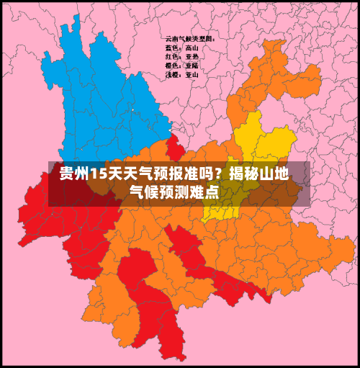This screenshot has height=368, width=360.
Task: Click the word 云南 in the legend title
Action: (171, 38)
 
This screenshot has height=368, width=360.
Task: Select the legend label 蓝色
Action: (172, 48)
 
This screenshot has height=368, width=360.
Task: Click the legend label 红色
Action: (172, 56)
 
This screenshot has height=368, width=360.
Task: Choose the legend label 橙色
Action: (172, 65)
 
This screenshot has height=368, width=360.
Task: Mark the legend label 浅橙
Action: (172, 73)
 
